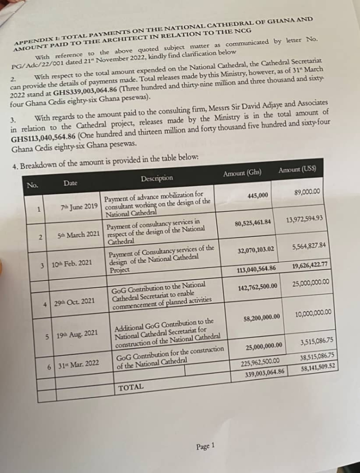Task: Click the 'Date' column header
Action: tap(70, 183)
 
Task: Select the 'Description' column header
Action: tap(157, 178)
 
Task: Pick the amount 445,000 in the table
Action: tap(257, 196)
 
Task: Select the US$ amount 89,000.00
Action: tap(307, 191)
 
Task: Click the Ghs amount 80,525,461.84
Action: tap(252, 224)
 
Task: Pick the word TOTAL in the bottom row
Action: tap(131, 387)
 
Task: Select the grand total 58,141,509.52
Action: tap(317, 367)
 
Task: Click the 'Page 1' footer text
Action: tap(205, 446)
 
